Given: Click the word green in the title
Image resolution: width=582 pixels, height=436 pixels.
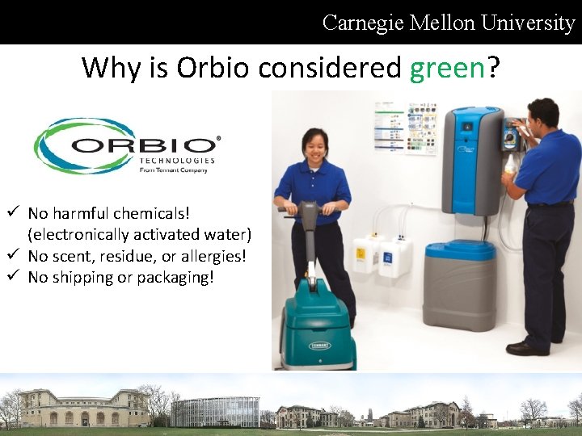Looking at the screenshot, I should coord(447,69).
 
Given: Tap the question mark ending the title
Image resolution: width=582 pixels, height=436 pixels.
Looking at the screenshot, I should coord(492,69).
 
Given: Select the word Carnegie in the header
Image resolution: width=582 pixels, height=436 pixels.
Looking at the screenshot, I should coord(363,23).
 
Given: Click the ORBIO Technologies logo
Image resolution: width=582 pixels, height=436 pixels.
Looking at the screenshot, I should coord(126,146).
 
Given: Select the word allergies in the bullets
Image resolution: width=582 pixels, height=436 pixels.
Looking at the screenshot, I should coord(213,256).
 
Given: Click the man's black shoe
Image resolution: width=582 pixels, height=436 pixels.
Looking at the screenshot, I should coord(527,348).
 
